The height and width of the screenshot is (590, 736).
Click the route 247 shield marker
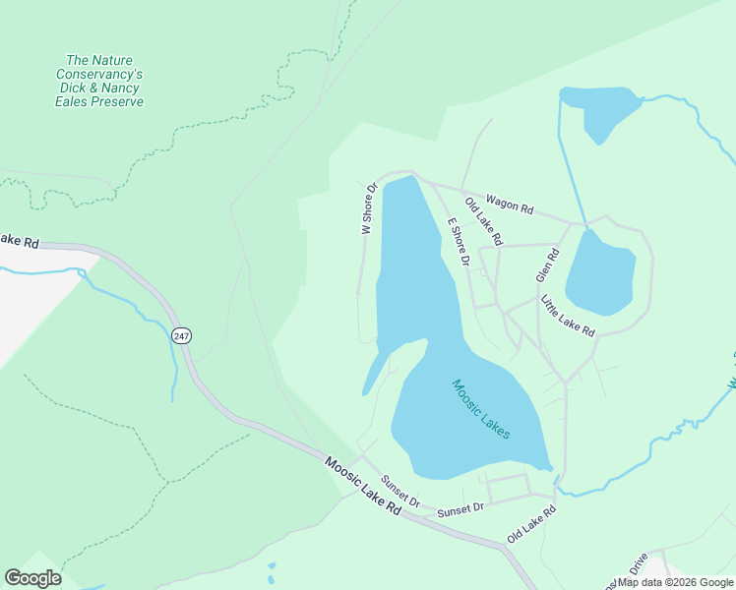180,335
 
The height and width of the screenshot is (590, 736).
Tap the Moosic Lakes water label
480,408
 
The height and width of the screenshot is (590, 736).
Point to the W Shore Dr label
369,207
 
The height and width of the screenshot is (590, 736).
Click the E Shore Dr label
458,242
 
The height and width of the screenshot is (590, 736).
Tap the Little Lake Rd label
567,317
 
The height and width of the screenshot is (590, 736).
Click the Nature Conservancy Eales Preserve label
98,81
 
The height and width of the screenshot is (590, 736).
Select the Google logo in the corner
32,578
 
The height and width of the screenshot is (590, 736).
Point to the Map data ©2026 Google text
675,582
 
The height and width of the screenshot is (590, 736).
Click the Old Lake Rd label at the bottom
531,525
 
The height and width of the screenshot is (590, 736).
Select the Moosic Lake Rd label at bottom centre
364,486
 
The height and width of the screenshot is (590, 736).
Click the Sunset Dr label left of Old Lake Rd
460,509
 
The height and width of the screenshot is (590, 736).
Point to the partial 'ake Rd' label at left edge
19,240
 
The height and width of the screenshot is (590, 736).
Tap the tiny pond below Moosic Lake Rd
271,567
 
